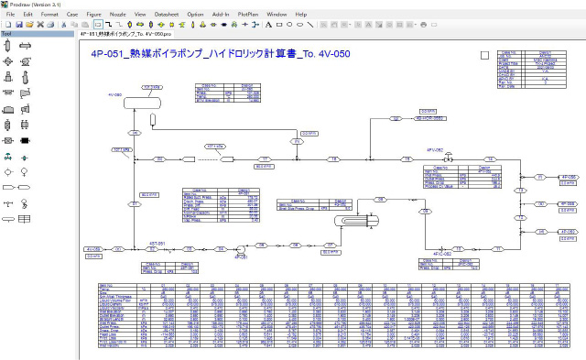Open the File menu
[7, 15]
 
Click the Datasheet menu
[167, 15]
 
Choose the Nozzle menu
[118, 15]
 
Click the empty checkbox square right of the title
[484, 54]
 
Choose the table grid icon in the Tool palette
[25, 219]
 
